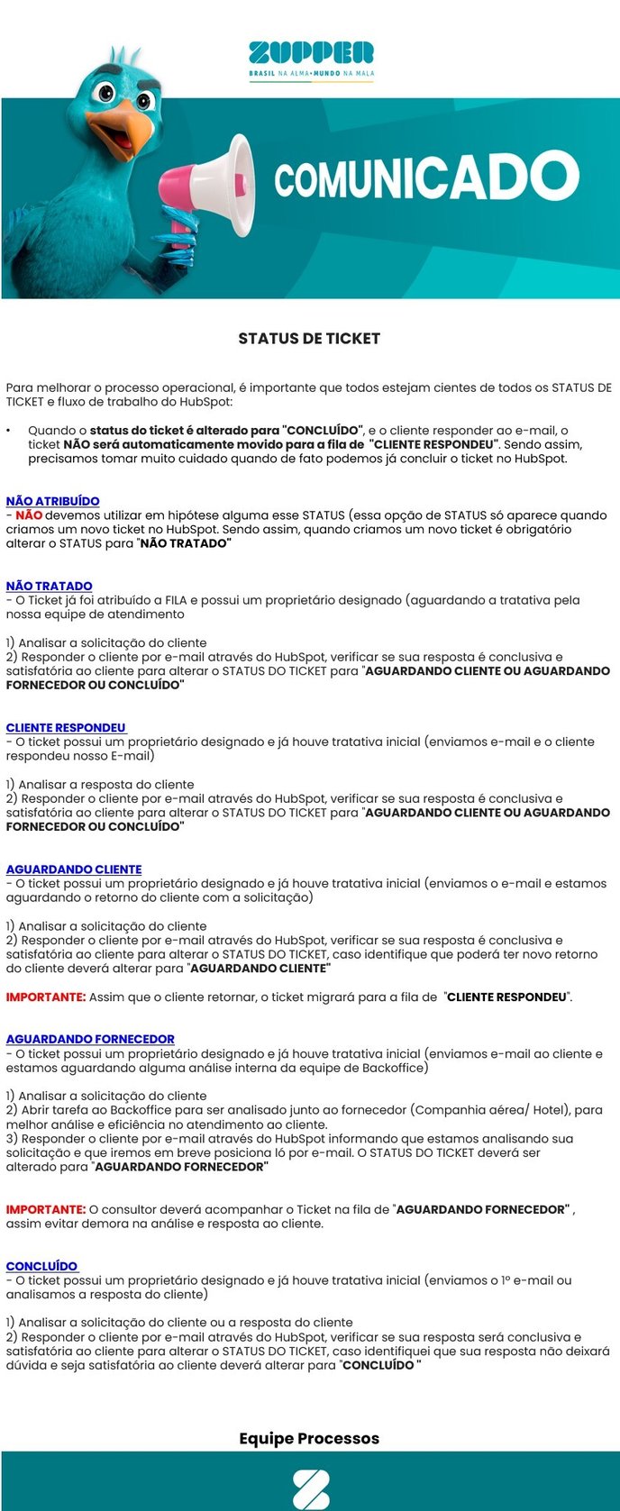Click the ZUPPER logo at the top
(311, 52)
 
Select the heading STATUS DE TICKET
(309, 339)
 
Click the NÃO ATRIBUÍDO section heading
(53, 501)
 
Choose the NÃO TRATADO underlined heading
(50, 586)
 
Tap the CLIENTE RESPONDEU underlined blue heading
(66, 727)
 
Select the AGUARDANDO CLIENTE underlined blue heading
(74, 869)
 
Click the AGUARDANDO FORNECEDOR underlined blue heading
(90, 1039)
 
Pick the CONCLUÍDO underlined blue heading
(41, 1266)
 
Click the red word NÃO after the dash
(29, 515)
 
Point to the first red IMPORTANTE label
(46, 997)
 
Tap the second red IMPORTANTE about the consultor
(46, 1209)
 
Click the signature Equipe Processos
(309, 1439)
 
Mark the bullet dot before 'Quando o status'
(9, 432)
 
